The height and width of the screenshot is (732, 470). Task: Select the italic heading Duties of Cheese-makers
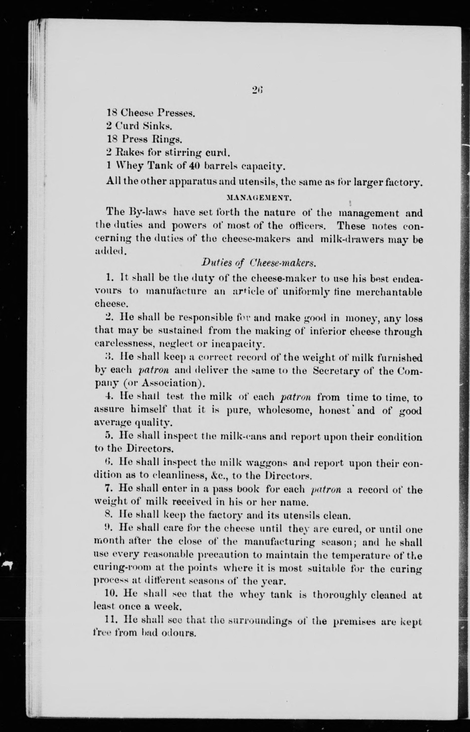258,263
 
